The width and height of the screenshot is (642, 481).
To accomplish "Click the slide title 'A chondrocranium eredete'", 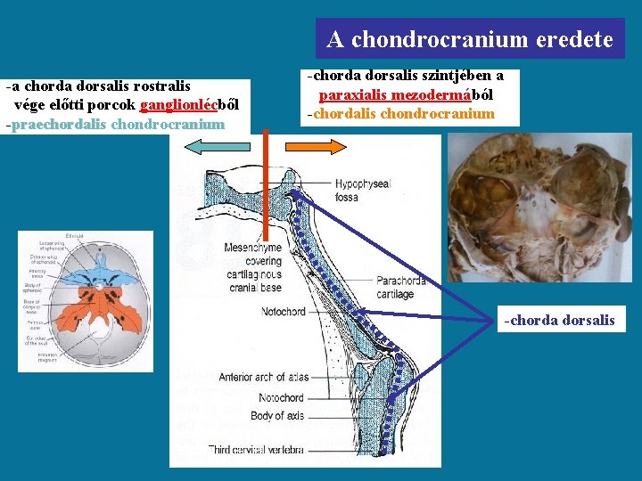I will pyautogui.click(x=470, y=39).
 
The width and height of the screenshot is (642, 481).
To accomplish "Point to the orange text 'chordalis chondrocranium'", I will pyautogui.click(x=401, y=113).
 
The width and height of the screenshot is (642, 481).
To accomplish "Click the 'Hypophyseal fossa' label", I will pyautogui.click(x=362, y=190).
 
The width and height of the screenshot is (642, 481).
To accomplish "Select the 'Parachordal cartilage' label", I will pyautogui.click(x=401, y=287).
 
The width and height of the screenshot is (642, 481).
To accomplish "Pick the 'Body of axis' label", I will pyautogui.click(x=278, y=415).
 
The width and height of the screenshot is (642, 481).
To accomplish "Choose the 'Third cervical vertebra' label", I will pyautogui.click(x=257, y=449).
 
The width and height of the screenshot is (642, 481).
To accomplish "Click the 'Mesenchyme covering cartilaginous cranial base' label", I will pyautogui.click(x=252, y=267).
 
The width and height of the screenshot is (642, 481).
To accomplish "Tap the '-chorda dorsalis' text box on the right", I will pyautogui.click(x=561, y=320).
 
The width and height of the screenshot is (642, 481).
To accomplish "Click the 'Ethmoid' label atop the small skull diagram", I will pyautogui.click(x=75, y=236).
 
